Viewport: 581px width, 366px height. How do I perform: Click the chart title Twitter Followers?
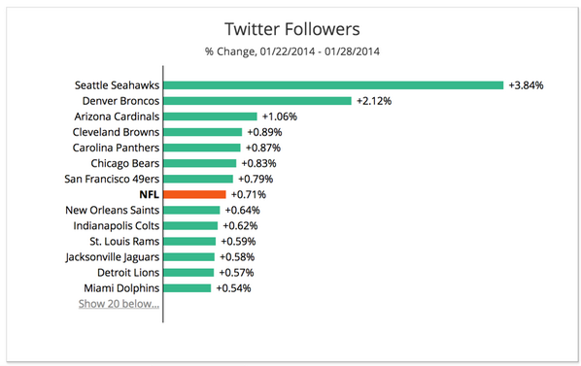tap(291, 30)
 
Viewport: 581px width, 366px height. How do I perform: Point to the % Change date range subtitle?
tap(291, 50)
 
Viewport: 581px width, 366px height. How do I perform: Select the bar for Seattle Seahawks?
tap(333, 84)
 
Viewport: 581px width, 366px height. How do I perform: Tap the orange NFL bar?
tap(194, 194)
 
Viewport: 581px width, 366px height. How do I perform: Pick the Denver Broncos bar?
tap(257, 100)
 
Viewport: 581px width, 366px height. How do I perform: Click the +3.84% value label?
tap(526, 84)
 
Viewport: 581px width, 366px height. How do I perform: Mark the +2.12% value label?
tap(374, 100)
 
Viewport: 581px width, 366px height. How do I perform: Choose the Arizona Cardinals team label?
tap(116, 116)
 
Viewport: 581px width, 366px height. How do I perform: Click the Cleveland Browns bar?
tap(203, 132)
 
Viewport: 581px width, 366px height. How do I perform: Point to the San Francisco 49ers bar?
tap(199, 179)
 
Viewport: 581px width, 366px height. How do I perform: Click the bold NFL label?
tap(149, 194)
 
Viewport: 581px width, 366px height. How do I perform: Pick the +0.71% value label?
tap(248, 194)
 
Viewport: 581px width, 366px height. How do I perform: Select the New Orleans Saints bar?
tap(192, 210)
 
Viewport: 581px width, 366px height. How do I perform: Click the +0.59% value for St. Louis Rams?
tap(239, 241)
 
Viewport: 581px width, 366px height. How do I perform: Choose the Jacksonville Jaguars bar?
tap(189, 256)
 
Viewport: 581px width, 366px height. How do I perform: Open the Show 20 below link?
tap(120, 304)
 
